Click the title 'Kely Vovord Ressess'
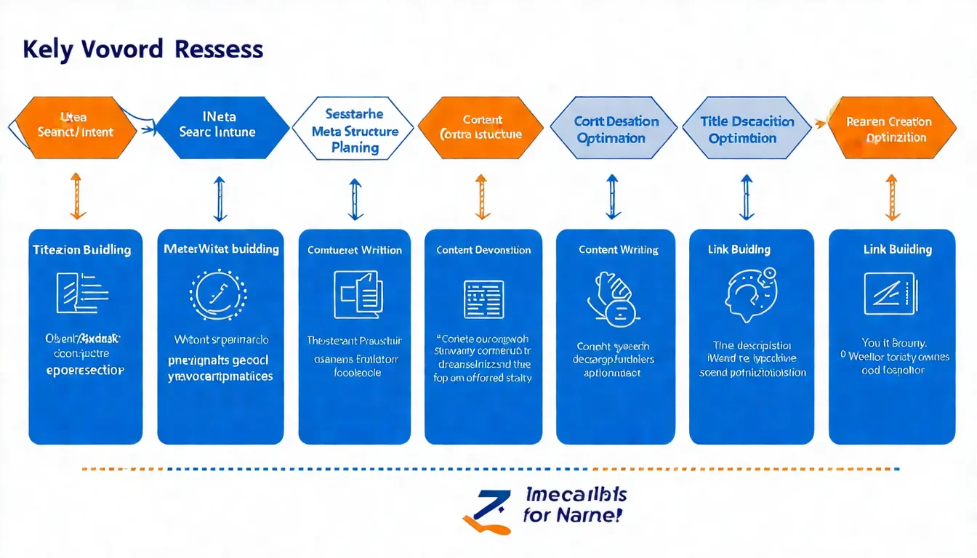coord(142,49)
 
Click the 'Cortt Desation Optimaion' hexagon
coord(616,129)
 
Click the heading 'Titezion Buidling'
coord(82,250)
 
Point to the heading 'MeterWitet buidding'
coord(221,249)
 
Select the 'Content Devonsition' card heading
coord(483,250)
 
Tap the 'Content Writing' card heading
coord(618,250)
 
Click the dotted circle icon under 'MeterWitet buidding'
coord(218,295)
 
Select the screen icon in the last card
coord(890,294)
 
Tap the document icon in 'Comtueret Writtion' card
coord(356,294)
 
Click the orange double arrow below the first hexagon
coord(78,196)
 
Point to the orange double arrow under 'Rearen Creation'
coord(892,196)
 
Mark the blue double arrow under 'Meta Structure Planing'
coord(355,199)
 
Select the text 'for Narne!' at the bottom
coord(572,517)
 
